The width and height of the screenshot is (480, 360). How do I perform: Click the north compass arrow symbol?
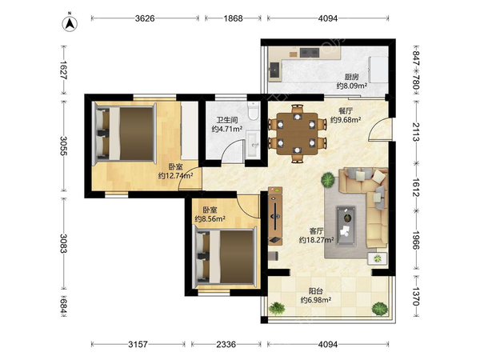[x=70, y=23]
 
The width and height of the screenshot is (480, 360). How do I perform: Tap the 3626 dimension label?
[x=145, y=18]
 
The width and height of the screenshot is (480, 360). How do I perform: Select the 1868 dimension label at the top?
[x=233, y=18]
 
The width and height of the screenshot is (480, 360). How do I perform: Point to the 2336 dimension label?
[x=226, y=344]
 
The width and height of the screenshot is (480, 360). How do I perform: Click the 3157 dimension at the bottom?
[x=138, y=344]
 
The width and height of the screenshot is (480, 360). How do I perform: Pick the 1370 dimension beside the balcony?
[x=415, y=296]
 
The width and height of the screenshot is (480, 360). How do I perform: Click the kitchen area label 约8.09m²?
[x=352, y=86]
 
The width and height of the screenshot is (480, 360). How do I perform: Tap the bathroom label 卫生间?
[x=227, y=120]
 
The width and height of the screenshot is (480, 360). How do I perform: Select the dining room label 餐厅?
[x=346, y=111]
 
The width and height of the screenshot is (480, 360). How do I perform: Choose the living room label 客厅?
[x=316, y=231]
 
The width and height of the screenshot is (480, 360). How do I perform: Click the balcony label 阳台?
[x=316, y=291]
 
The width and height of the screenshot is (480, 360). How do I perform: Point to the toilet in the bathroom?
[x=253, y=111]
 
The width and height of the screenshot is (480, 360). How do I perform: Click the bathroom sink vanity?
[x=253, y=144]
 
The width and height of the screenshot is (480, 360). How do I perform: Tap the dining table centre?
[x=298, y=134]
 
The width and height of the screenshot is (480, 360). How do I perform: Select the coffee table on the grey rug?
[x=346, y=226]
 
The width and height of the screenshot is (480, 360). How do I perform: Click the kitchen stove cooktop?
[x=310, y=53]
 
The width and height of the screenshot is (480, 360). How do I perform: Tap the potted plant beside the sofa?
[x=328, y=179]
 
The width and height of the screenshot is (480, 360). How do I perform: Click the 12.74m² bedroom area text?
[x=175, y=176]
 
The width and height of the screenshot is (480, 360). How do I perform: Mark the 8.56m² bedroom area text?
[x=210, y=219]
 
